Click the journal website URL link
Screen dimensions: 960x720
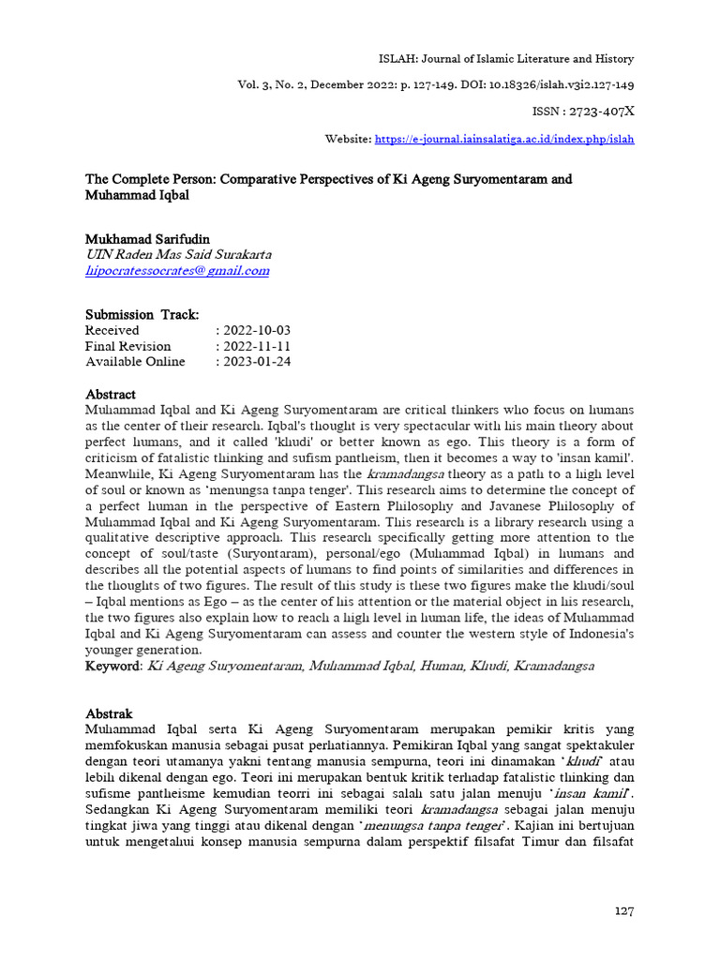tap(504, 139)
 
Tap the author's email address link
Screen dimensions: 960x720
tap(177, 271)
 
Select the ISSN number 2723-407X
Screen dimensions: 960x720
tap(601, 112)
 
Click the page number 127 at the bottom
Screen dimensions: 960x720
tap(625, 910)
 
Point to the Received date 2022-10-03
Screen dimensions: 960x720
tap(253, 330)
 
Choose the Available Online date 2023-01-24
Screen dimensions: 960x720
tap(253, 362)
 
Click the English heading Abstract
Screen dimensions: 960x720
tap(111, 394)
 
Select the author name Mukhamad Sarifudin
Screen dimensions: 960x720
tap(148, 239)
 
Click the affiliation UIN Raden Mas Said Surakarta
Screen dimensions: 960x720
tap(178, 255)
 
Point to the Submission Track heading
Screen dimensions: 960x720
tap(142, 314)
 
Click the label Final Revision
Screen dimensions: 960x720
tap(128, 346)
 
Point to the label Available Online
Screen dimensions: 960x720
tap(135, 362)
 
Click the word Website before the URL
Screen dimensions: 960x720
tap(347, 139)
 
